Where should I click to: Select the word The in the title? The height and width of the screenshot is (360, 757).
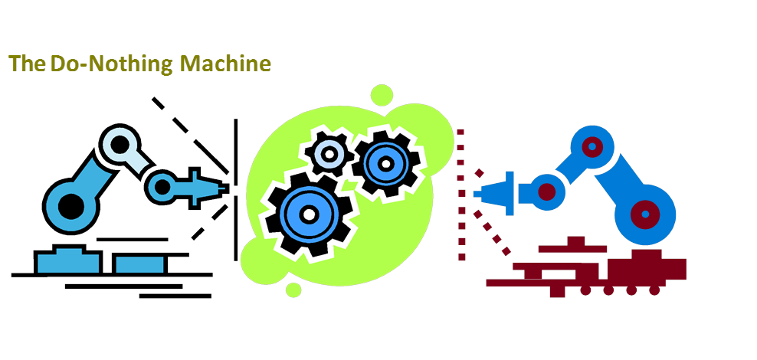27,64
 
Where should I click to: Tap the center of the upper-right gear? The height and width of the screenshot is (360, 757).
385,164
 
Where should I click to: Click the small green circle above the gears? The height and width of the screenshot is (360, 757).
382,95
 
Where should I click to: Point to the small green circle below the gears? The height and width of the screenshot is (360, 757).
293,290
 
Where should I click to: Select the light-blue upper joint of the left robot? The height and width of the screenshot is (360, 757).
120,144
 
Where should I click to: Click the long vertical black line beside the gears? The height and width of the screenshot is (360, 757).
235,190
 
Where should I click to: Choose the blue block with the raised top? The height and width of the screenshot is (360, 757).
67,260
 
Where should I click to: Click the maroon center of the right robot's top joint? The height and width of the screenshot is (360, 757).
592,146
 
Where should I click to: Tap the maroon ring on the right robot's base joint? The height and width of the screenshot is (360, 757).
645,214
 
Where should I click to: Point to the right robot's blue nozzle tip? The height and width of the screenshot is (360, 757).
478,195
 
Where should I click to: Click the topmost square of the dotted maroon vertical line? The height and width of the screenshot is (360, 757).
460,132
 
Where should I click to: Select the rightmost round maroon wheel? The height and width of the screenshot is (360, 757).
654,290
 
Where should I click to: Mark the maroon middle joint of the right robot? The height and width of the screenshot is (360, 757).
547,192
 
